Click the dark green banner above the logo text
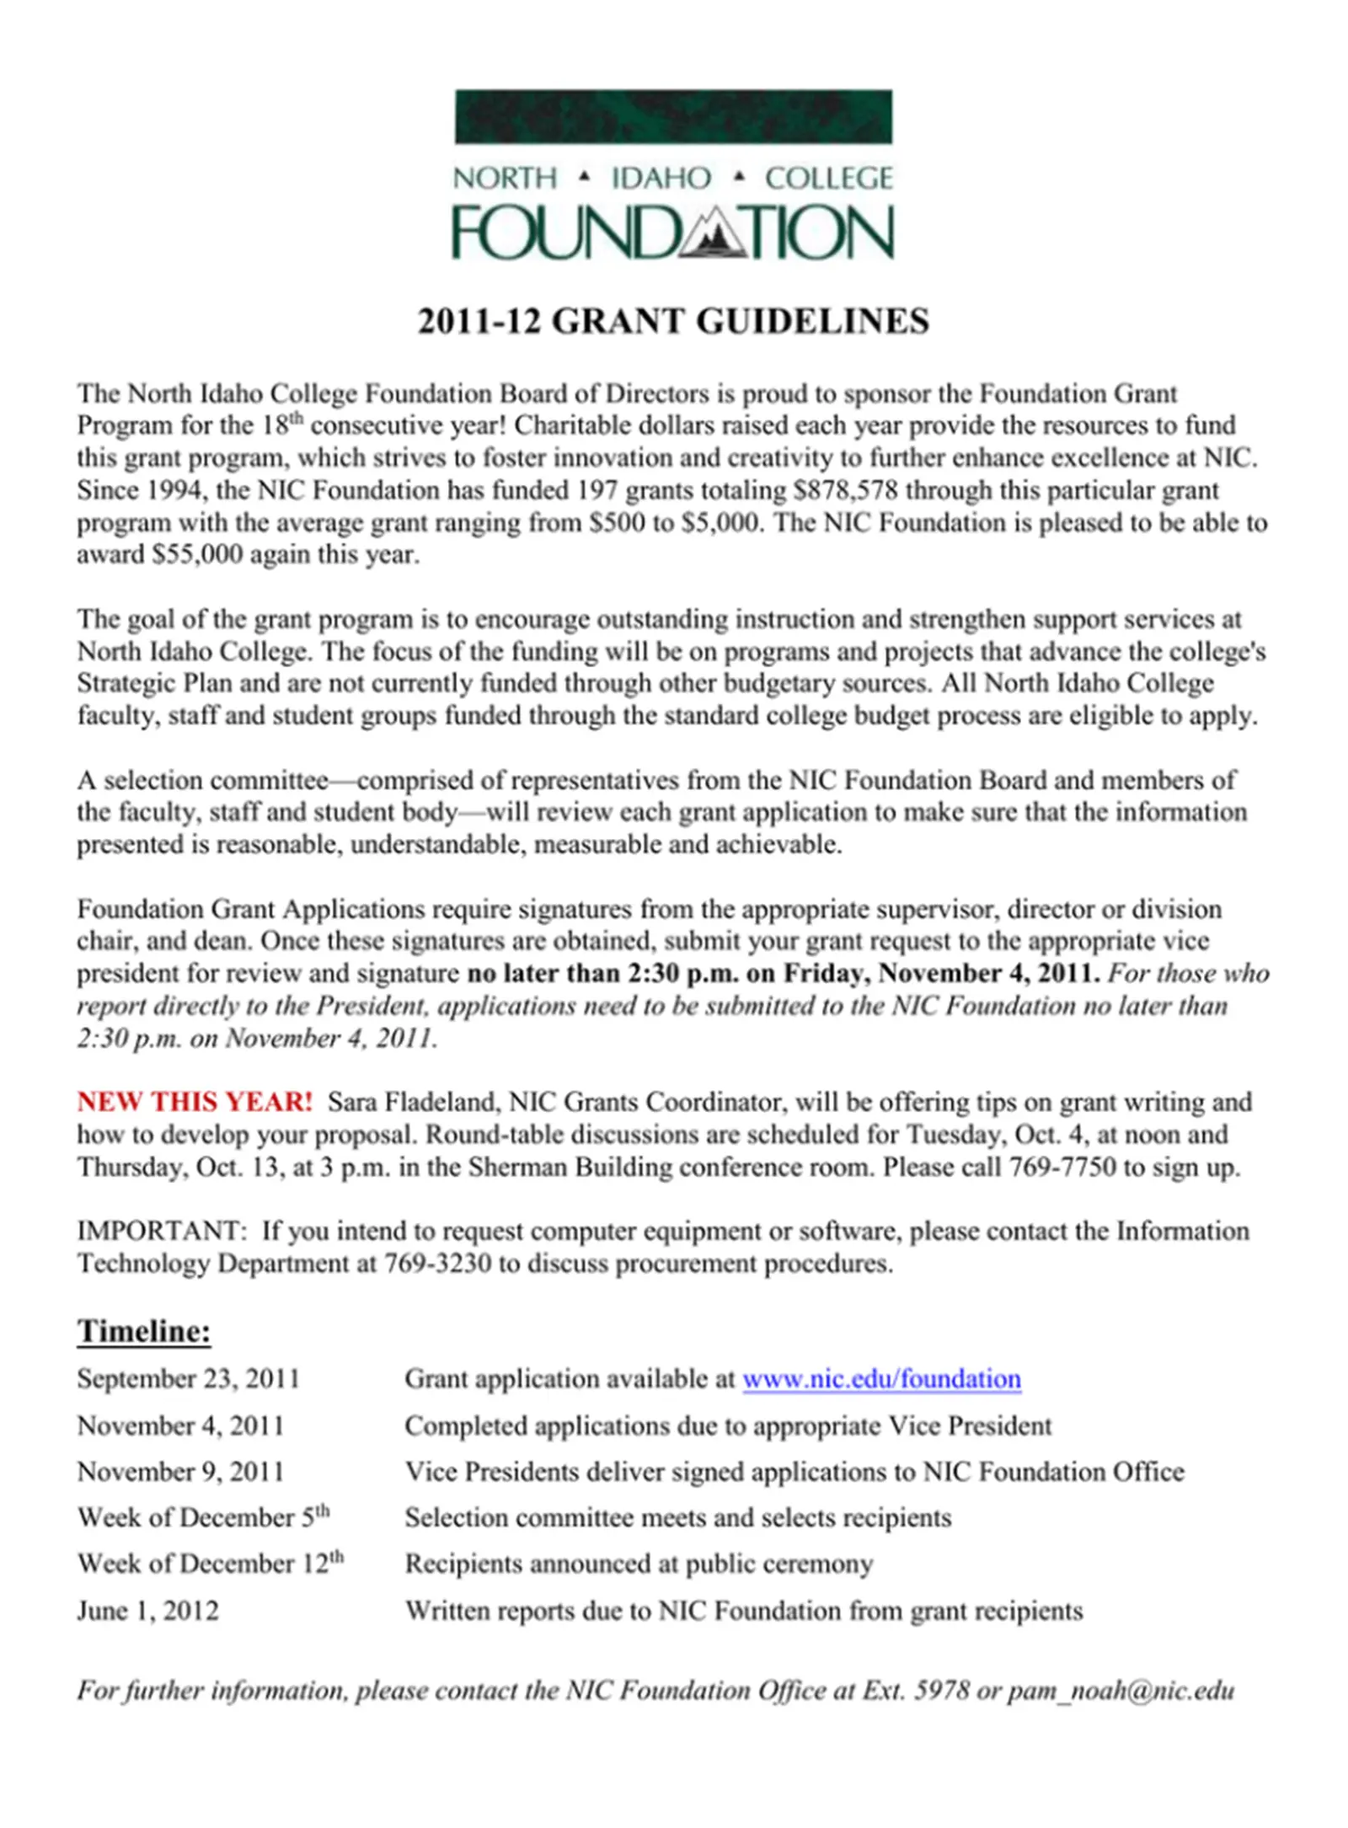(x=672, y=116)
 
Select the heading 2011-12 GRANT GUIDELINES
(x=672, y=322)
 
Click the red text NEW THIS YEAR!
(x=195, y=1102)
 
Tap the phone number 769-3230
(x=437, y=1264)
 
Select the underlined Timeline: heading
(x=144, y=1331)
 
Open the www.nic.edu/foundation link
(x=881, y=1379)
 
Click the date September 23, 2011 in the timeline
(x=189, y=1379)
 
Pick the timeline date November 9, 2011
(x=180, y=1472)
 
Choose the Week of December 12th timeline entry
(x=211, y=1563)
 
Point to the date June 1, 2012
(x=147, y=1611)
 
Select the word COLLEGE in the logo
(x=828, y=179)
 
